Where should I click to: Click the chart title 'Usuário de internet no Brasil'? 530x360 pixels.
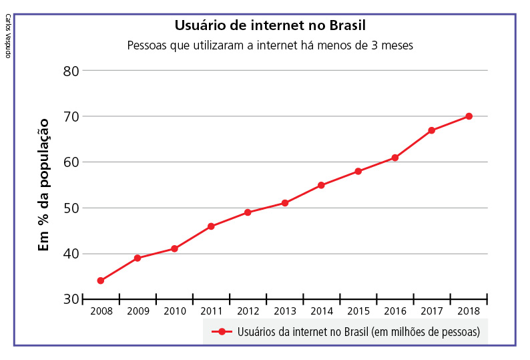pos(270,26)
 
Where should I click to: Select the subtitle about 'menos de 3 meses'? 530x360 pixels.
pos(270,46)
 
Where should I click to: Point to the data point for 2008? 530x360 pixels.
pos(100,281)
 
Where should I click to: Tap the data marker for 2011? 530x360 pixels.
pos(211,226)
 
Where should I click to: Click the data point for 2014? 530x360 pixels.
pos(321,185)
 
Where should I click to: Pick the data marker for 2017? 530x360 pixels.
pos(432,130)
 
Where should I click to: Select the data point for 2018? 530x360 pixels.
pos(469,116)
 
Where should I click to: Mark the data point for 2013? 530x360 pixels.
pos(285,203)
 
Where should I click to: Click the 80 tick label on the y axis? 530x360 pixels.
pos(71,71)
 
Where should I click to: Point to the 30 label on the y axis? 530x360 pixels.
pos(71,299)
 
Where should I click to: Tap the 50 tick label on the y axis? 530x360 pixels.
pos(71,208)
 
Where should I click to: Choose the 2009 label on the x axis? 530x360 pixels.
pos(138,311)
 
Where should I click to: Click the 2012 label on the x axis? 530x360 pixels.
pos(248,311)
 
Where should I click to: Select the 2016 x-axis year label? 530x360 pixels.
pos(395,311)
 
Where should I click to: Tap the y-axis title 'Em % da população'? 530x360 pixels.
pos(44,184)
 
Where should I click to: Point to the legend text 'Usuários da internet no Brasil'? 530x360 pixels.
pos(358,332)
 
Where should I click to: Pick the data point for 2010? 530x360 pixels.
pos(174,248)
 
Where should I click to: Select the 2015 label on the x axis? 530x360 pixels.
pos(358,311)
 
